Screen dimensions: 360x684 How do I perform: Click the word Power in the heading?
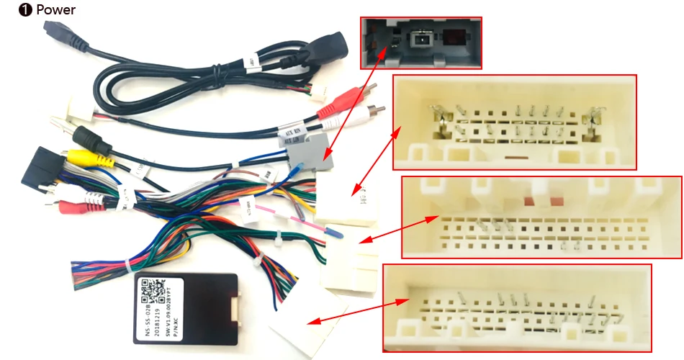tap(55, 10)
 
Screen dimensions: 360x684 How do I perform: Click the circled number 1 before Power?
tap(24, 10)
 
